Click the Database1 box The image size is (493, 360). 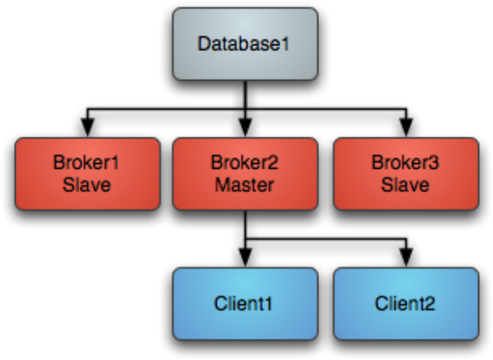click(245, 44)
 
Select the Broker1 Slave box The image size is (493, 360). click(87, 174)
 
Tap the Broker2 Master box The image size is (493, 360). click(245, 174)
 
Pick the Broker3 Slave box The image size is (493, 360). click(406, 174)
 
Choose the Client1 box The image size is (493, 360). click(245, 304)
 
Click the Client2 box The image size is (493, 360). click(406, 304)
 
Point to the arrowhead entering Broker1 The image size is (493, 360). click(88, 128)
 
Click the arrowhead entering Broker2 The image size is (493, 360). click(245, 128)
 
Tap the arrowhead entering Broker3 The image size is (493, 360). click(406, 128)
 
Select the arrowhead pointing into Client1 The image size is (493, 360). click(245, 258)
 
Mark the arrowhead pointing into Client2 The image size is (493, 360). click(406, 258)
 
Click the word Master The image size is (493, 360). click(244, 185)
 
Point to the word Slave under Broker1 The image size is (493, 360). click(87, 185)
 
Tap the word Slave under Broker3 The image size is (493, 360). click(406, 185)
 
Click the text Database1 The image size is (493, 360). click(243, 44)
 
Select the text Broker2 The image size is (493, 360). click(245, 162)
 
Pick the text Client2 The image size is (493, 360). click(405, 303)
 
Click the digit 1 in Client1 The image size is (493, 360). click(268, 303)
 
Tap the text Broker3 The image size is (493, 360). click(406, 162)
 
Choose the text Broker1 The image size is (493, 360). click(87, 162)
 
